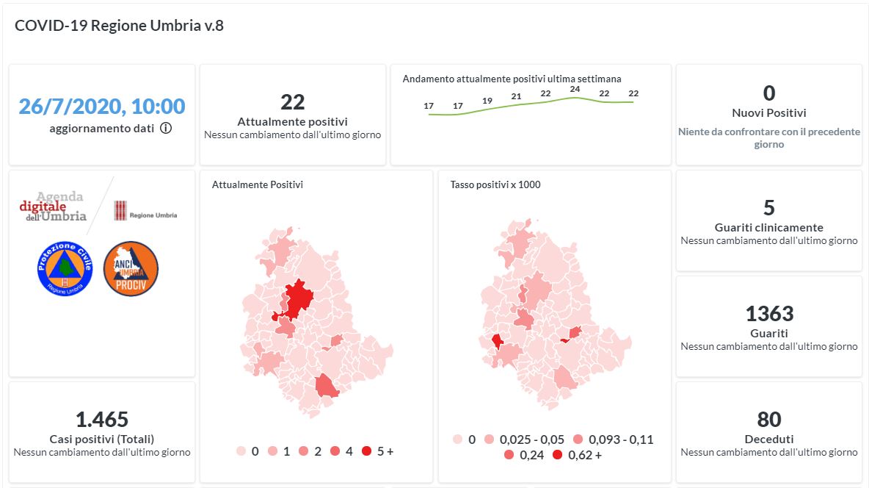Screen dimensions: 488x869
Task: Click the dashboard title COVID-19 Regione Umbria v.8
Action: (119, 26)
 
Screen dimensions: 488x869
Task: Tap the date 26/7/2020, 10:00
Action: (102, 107)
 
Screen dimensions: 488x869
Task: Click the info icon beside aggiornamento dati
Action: (166, 128)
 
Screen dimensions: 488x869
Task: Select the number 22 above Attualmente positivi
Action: (292, 102)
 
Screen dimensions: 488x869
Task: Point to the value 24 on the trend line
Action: (575, 90)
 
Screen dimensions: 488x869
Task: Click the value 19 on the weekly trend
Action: (487, 101)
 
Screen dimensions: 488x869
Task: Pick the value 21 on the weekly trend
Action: (516, 96)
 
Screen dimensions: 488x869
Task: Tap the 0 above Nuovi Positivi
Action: (768, 93)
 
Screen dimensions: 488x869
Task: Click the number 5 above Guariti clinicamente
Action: (768, 208)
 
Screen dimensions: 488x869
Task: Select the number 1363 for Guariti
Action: (768, 314)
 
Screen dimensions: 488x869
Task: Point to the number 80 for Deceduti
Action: (768, 420)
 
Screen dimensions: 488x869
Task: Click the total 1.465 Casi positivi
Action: (102, 420)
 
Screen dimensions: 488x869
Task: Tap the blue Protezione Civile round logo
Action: (65, 268)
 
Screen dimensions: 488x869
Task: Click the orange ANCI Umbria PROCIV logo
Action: (131, 268)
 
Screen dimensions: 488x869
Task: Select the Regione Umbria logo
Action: (145, 212)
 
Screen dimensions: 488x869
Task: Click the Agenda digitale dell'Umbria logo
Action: (53, 207)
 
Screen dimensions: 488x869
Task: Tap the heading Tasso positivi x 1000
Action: (495, 184)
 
